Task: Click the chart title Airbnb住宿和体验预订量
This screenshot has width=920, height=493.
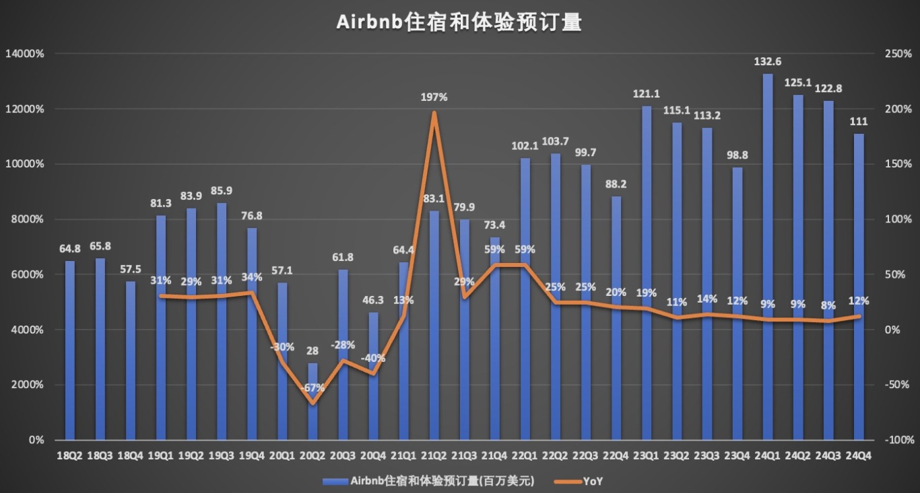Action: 459,22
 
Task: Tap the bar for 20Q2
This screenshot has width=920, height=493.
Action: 313,404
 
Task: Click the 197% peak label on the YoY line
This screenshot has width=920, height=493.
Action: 434,98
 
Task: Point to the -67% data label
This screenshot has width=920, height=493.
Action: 313,388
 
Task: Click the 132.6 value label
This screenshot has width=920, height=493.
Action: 768,62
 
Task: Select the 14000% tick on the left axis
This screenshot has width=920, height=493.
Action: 24,54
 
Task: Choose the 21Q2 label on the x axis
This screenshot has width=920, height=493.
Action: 434,455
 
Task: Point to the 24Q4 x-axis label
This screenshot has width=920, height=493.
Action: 858,455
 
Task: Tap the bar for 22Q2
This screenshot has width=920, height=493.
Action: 556,296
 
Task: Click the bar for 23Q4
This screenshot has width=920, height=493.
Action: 737,303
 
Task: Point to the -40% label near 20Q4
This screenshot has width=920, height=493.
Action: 373,358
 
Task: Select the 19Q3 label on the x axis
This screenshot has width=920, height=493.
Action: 222,455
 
